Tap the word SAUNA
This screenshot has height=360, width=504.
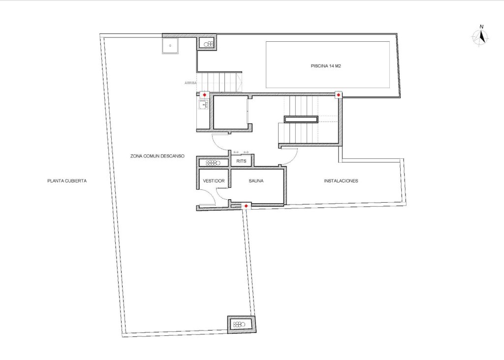point(256,181)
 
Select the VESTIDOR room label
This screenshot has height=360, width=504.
point(214,181)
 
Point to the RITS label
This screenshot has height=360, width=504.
point(241,161)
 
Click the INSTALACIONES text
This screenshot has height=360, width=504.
point(341,181)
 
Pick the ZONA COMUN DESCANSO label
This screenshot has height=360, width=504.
point(157,156)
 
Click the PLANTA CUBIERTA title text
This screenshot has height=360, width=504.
point(67,181)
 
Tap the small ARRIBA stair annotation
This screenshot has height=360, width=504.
point(190,83)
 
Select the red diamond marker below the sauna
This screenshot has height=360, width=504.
point(246,206)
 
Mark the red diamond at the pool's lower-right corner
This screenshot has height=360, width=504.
point(338,94)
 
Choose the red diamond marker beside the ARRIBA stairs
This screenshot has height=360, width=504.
point(204,94)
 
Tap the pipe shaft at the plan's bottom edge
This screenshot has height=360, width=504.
point(241,324)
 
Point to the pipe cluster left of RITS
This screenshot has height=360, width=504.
point(212,162)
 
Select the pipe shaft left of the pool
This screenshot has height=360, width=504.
point(207,44)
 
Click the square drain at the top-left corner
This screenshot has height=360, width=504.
point(170,45)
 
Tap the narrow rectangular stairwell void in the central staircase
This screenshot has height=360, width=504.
point(301,119)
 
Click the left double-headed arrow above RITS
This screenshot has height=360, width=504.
point(236,152)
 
